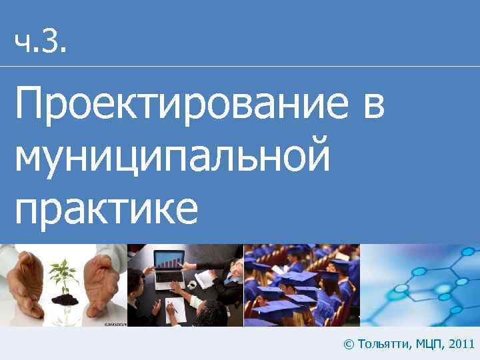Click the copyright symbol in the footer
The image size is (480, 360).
348,344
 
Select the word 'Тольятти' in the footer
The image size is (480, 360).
384,344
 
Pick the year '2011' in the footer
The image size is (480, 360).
461,344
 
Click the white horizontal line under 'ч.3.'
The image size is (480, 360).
240,66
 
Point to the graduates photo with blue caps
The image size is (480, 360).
301,285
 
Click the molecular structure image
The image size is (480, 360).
420,285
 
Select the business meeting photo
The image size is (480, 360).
185,285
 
